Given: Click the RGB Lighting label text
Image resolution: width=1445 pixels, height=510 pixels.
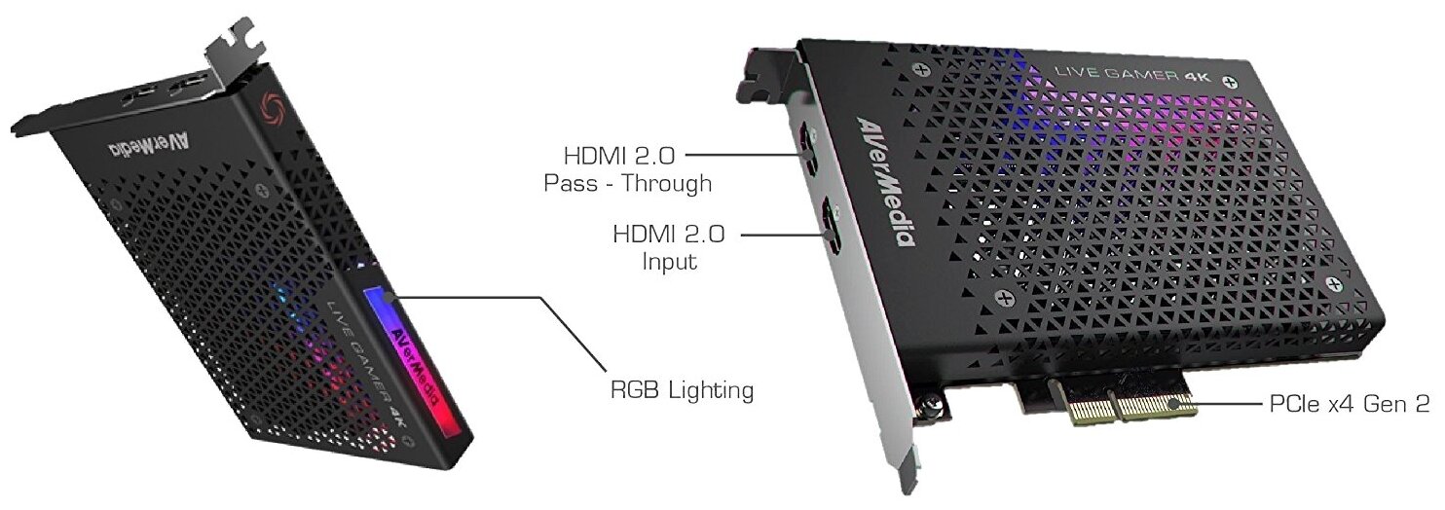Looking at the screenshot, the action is (681, 391).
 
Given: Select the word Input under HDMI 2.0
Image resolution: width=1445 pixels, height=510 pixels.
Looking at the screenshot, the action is (670, 261).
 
